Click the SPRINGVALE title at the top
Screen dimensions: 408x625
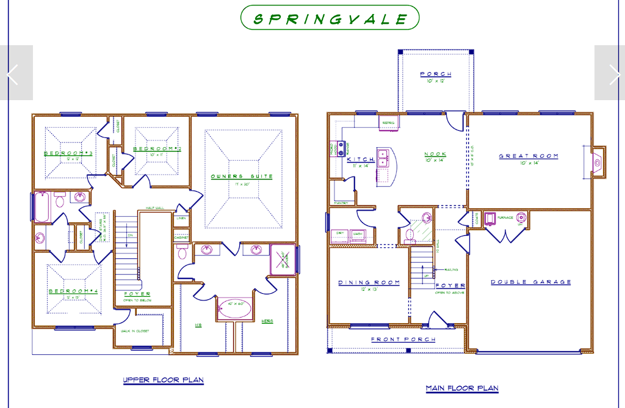pyautogui.click(x=330, y=18)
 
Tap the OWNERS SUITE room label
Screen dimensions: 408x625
pyautogui.click(x=242, y=177)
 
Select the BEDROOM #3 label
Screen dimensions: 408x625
pyautogui.click(x=68, y=153)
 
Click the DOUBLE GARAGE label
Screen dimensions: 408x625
pyautogui.click(x=531, y=282)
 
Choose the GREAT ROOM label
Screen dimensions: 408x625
pyautogui.click(x=529, y=156)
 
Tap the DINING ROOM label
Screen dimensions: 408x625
pyautogui.click(x=369, y=283)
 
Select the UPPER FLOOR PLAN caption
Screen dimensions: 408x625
pyautogui.click(x=163, y=381)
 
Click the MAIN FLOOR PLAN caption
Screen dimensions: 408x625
pyautogui.click(x=462, y=388)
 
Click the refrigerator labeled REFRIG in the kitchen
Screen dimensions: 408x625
pyautogui.click(x=388, y=123)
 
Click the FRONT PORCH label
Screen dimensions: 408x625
pyautogui.click(x=403, y=340)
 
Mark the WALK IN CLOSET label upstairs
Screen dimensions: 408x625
pyautogui.click(x=134, y=331)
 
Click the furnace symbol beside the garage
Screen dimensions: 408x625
pyautogui.click(x=490, y=218)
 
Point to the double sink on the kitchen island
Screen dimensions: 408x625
pyautogui.click(x=383, y=158)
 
